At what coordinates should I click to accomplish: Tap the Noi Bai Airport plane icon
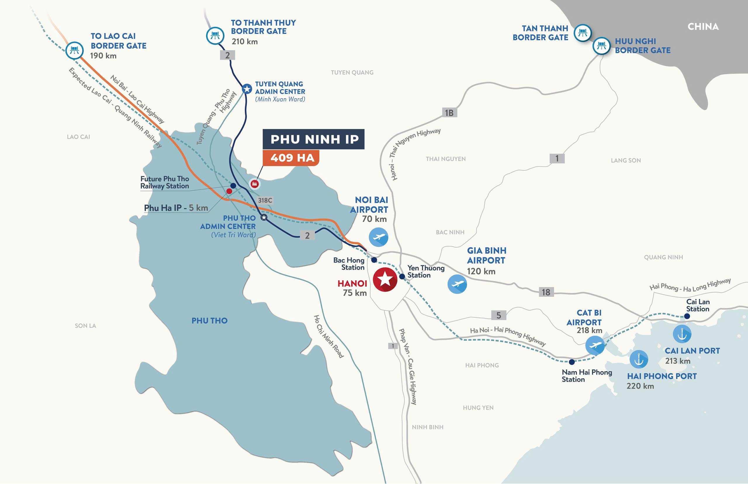coord(378,237)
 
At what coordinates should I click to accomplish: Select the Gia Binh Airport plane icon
coord(457,284)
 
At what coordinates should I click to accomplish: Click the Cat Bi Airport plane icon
coord(595,345)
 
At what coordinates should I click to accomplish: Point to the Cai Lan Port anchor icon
coord(682,334)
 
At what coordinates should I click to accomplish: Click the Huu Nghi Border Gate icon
coord(601,46)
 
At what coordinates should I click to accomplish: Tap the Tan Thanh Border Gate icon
coord(583,33)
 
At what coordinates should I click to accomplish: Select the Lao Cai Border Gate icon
coord(75,50)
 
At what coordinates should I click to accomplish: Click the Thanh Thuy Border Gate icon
coord(215,36)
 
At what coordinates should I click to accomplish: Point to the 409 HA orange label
coord(291,158)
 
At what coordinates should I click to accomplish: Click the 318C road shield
coord(265,200)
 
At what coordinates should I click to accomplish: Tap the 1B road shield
coord(449,113)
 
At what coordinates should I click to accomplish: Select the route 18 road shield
coord(546,292)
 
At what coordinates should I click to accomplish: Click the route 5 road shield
coord(498,315)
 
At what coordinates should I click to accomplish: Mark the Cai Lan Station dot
coord(687,316)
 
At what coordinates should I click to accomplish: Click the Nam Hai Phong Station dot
coord(572,362)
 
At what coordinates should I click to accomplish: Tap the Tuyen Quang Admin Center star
coord(247,89)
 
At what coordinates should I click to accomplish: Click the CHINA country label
coord(703,27)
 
